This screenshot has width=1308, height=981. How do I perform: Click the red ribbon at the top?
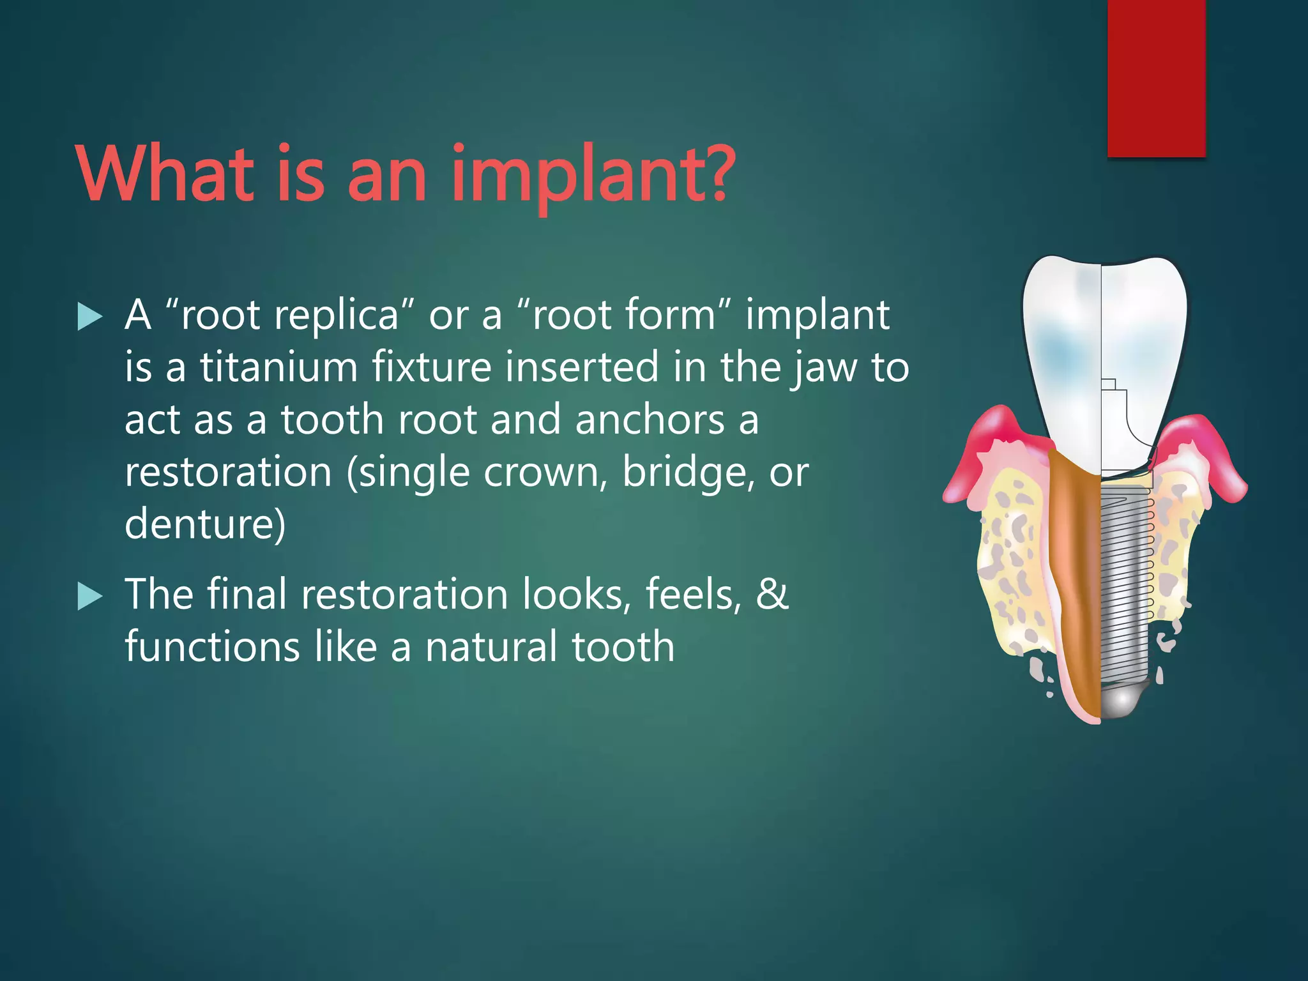tap(1156, 77)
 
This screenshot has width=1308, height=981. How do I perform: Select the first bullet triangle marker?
tap(90, 317)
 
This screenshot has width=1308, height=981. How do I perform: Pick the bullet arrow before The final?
tap(90, 597)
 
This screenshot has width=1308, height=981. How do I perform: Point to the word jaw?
tap(824, 369)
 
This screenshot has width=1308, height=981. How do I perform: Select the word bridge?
tap(688, 473)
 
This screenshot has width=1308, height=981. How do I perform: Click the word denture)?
tap(205, 524)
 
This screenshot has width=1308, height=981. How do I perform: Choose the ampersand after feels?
tap(772, 594)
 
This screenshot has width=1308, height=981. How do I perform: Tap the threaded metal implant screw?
tap(1124, 575)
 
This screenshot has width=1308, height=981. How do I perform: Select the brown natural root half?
tap(1076, 575)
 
